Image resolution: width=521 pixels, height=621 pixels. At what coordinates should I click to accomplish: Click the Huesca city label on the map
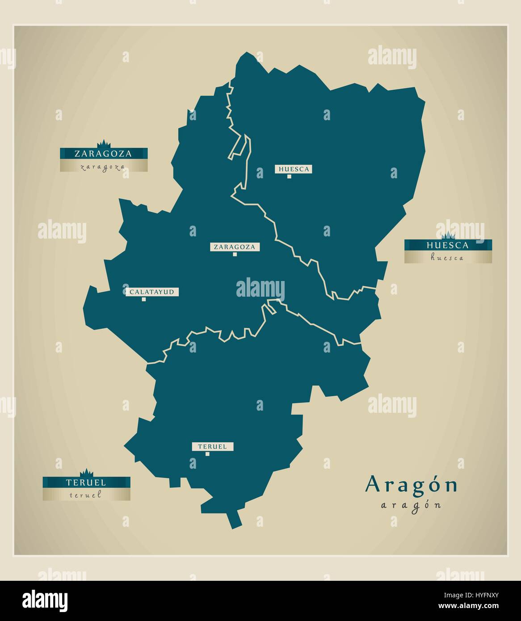pyautogui.click(x=293, y=169)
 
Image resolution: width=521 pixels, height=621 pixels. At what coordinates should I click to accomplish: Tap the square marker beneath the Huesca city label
pyautogui.click(x=289, y=177)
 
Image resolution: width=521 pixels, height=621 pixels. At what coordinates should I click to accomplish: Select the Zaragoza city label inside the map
pyautogui.click(x=235, y=247)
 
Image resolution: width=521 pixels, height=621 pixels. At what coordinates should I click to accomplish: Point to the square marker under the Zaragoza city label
pyautogui.click(x=235, y=255)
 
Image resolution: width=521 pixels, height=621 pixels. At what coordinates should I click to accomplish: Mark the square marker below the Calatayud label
pyautogui.click(x=143, y=300)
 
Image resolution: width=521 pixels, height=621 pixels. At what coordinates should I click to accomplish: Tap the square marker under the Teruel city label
pyautogui.click(x=207, y=454)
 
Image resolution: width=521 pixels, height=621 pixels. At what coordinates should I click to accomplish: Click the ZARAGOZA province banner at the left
pyautogui.click(x=104, y=154)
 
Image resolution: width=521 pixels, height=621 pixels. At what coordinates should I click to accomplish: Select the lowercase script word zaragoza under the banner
pyautogui.click(x=103, y=167)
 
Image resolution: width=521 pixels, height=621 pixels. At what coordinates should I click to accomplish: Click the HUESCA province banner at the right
pyautogui.click(x=448, y=245)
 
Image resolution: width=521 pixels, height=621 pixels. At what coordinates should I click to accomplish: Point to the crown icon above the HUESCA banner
pyautogui.click(x=448, y=235)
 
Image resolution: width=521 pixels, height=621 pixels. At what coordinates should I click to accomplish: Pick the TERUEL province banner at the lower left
pyautogui.click(x=86, y=482)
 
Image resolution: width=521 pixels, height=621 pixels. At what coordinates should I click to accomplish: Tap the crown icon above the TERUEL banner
pyautogui.click(x=86, y=473)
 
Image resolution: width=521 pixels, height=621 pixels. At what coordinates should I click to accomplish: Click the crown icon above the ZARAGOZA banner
pyautogui.click(x=104, y=143)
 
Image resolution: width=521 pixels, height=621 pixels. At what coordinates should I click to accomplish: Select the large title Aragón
pyautogui.click(x=412, y=485)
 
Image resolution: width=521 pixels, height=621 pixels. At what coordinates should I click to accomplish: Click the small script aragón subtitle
pyautogui.click(x=411, y=505)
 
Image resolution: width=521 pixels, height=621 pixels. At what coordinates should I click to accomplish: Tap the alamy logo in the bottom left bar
pyautogui.click(x=45, y=600)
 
